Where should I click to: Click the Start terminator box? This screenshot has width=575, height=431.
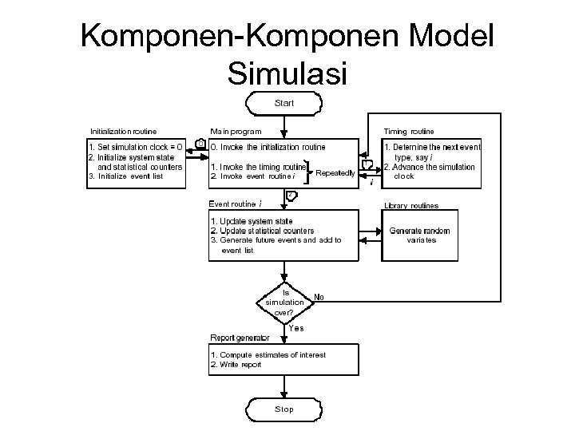tap(284, 103)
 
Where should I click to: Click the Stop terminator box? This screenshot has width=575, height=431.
tap(284, 409)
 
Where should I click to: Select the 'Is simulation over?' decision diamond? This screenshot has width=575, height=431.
tap(284, 302)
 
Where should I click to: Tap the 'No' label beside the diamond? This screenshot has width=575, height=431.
tap(319, 296)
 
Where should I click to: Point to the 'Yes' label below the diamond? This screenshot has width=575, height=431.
tap(295, 328)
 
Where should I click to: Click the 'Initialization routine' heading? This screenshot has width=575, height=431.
tap(123, 130)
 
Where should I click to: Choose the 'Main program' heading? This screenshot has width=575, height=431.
tap(235, 130)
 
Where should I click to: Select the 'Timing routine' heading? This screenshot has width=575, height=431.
tap(409, 130)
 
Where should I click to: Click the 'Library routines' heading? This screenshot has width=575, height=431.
tap(411, 206)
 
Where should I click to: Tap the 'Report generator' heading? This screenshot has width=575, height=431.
tap(240, 338)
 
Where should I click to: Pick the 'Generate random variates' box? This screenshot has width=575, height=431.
tap(420, 235)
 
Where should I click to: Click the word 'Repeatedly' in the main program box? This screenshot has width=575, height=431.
tap(335, 173)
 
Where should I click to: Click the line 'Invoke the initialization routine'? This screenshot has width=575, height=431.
tap(268, 148)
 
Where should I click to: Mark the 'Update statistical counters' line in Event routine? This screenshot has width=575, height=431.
tap(262, 231)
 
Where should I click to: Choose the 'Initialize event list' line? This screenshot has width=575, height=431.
tap(126, 176)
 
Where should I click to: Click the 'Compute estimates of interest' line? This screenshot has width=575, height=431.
tap(268, 354)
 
